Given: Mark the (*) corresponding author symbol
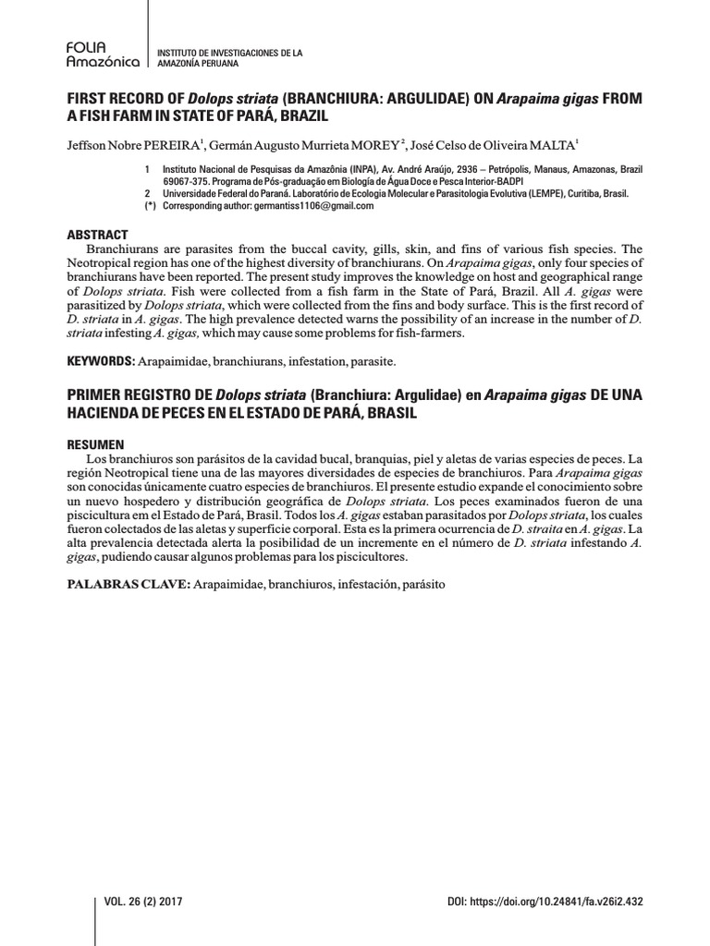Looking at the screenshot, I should coord(149,206).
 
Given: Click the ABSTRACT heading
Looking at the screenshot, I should coord(96,236).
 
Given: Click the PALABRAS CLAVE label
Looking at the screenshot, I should coord(129,584).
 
